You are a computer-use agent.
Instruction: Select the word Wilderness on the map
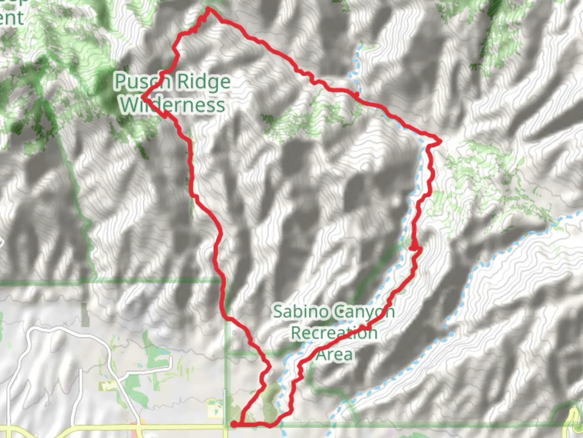click(172, 105)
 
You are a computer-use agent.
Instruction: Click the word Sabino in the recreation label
click(300, 311)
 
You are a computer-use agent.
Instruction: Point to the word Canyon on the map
click(364, 312)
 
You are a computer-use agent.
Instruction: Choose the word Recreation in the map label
click(334, 333)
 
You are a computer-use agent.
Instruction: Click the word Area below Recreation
click(334, 354)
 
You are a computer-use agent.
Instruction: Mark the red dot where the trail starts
click(234, 424)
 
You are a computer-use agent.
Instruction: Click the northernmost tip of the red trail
click(208, 9)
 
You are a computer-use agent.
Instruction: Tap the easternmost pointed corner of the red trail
click(440, 141)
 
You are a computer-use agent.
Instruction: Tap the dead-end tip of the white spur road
click(171, 359)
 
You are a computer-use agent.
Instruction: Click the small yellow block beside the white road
click(107, 386)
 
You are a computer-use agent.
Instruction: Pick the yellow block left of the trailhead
click(213, 408)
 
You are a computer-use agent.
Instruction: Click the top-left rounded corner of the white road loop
click(34, 331)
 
